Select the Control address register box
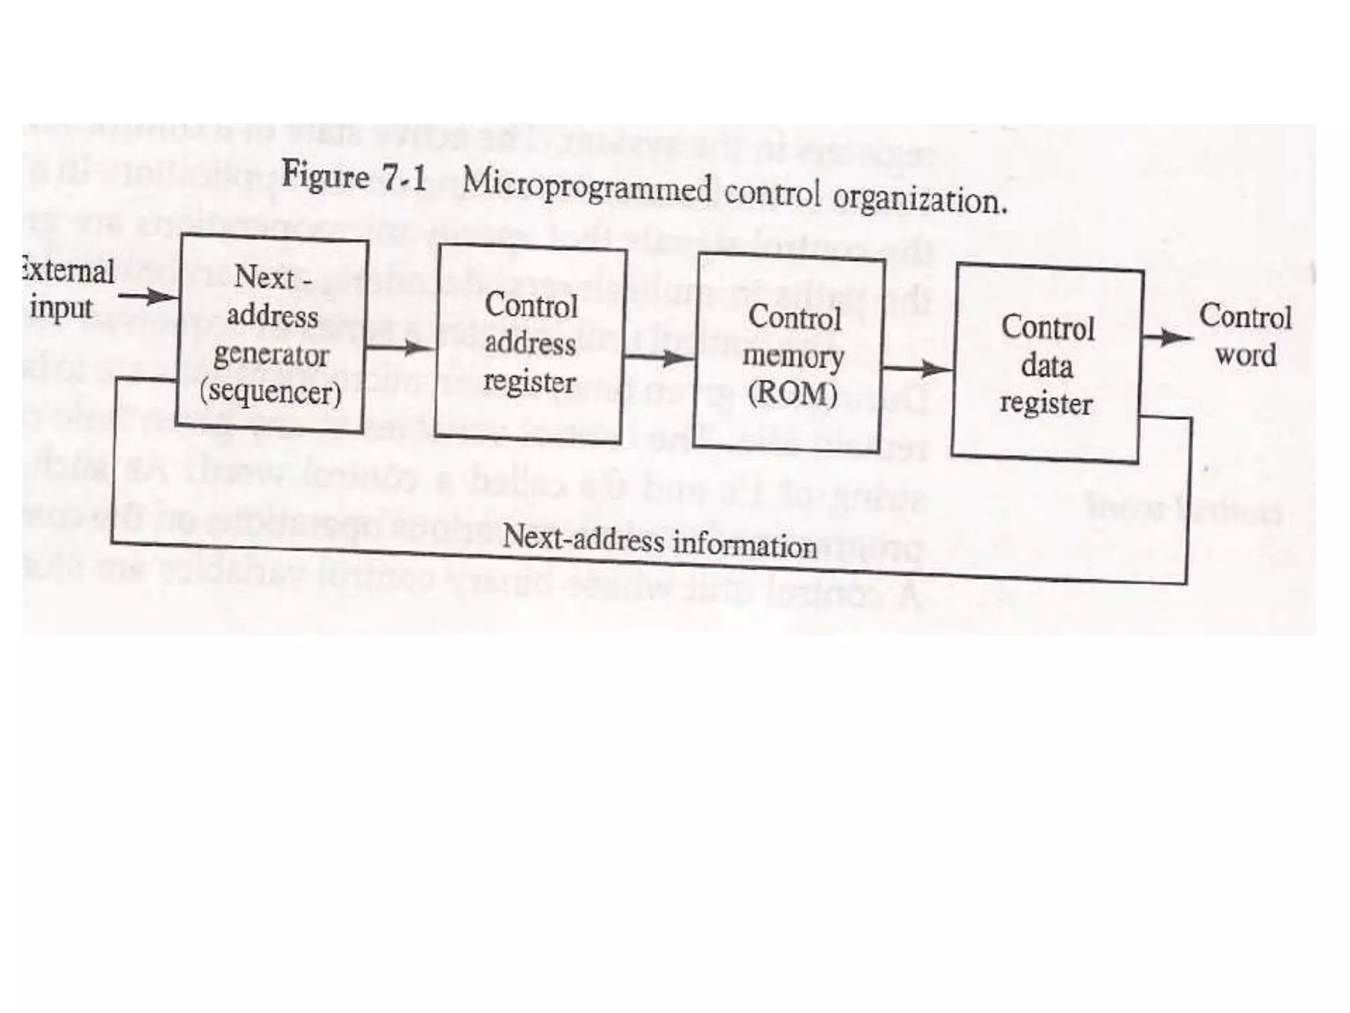[x=530, y=343]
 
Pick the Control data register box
[x=1047, y=365]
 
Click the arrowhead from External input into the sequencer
[x=162, y=296]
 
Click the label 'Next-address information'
[x=659, y=541]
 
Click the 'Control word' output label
[x=1245, y=335]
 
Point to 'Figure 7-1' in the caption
[x=354, y=177]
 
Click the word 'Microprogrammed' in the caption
[x=587, y=185]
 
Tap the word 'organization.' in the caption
[x=920, y=198]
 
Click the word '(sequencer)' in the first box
[x=271, y=392]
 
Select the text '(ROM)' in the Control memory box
[x=792, y=393]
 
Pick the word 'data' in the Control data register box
[x=1047, y=365]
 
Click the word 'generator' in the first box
[x=271, y=355]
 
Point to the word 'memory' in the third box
[x=793, y=357]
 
